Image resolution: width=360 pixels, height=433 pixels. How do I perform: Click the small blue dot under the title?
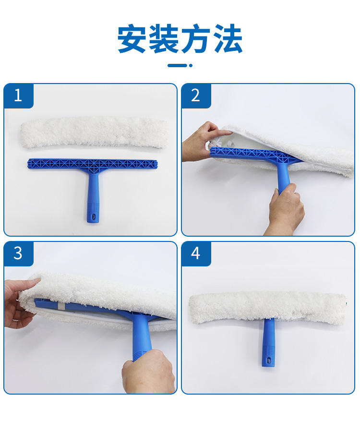tap(191, 65)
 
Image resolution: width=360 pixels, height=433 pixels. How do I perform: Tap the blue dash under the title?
tap(177, 65)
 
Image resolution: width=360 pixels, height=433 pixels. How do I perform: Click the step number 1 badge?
tap(19, 96)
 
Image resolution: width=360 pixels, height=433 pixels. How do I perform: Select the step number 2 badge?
tap(196, 96)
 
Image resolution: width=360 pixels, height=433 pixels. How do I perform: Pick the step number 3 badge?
tap(19, 253)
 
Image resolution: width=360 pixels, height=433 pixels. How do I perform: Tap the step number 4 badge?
tap(196, 253)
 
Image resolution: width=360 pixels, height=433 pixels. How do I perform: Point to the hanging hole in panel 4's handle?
tap(268, 361)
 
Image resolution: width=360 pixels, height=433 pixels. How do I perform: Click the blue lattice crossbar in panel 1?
tap(93, 164)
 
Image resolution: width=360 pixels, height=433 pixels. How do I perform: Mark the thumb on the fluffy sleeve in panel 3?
tap(30, 283)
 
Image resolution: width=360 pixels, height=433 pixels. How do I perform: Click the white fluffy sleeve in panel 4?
tap(268, 307)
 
